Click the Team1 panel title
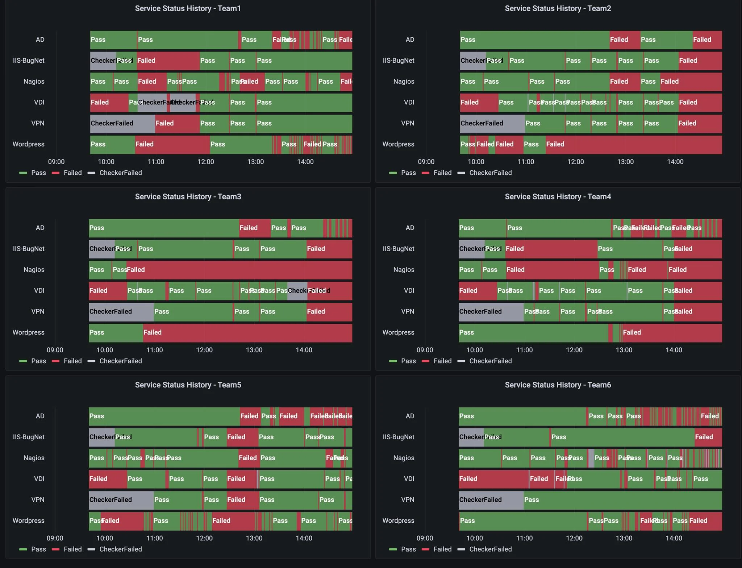[x=188, y=8]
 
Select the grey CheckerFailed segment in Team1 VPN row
[x=122, y=124]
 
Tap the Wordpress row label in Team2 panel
[x=398, y=144]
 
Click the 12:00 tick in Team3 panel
[x=204, y=350]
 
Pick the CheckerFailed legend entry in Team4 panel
[x=490, y=361]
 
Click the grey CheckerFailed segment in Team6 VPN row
[x=491, y=500]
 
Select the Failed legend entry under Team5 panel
[x=72, y=549]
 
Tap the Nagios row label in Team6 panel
[x=404, y=458]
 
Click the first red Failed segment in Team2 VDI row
[x=479, y=103]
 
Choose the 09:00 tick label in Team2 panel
[x=426, y=162]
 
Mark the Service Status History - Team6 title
[x=558, y=385]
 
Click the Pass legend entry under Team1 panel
[x=38, y=173]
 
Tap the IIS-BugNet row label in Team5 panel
[x=29, y=437]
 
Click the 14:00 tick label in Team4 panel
[x=674, y=350]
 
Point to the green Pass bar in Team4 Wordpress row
[x=533, y=333]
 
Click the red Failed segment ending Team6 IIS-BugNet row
[x=708, y=437]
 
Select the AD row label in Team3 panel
[x=40, y=228]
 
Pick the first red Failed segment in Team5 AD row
[x=249, y=416]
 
